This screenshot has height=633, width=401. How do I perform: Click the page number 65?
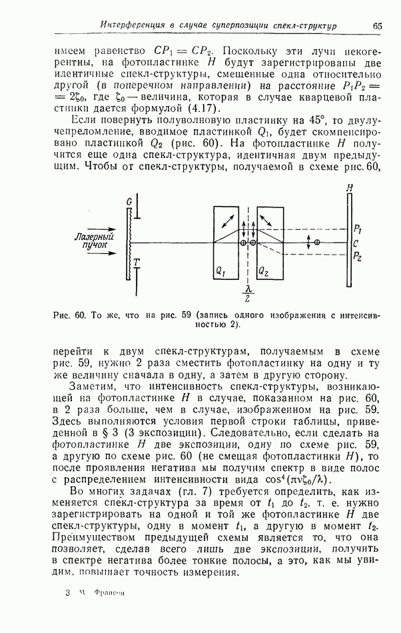[x=377, y=25]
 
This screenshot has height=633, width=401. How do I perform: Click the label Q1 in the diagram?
[x=222, y=272]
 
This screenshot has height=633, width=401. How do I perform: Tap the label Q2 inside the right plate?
[x=265, y=272]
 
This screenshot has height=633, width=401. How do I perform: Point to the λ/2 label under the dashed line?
[x=248, y=295]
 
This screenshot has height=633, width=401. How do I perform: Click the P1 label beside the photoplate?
[x=358, y=228]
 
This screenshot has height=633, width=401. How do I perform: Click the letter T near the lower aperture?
[x=136, y=263]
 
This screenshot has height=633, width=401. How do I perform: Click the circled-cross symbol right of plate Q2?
[x=317, y=243]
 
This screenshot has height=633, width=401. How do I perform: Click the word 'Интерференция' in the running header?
[x=131, y=25]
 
